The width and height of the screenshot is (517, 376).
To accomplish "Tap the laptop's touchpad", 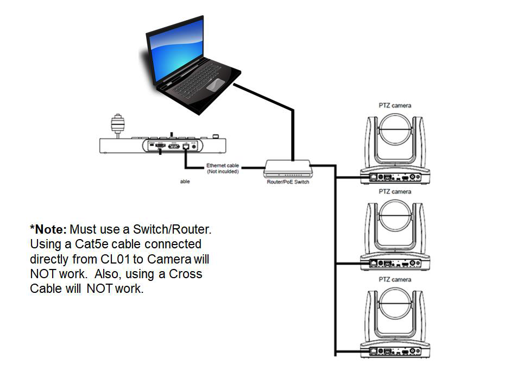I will (x=216, y=84).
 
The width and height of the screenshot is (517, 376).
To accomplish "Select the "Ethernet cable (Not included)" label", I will (x=222, y=168).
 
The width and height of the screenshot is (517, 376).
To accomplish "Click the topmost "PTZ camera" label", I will (x=394, y=105).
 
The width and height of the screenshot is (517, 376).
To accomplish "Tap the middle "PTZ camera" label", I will (x=394, y=192).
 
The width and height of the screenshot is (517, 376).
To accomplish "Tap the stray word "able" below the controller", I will (x=185, y=182).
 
